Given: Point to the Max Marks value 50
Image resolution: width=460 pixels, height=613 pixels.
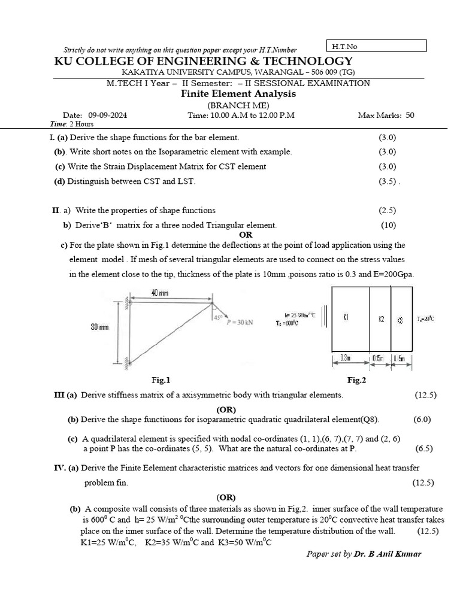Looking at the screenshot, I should point(410,116).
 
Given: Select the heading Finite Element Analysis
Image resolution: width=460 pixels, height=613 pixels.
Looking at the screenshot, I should point(238,94).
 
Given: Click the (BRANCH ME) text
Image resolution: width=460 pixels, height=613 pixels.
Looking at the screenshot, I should point(238,105).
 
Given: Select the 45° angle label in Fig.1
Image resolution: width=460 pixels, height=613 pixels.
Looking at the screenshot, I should point(217,318).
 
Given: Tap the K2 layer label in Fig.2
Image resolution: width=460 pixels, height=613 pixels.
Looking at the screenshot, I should point(381,319).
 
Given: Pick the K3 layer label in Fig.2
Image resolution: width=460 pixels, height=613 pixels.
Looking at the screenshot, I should point(400,320).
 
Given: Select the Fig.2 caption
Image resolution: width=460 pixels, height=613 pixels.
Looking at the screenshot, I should point(356,380).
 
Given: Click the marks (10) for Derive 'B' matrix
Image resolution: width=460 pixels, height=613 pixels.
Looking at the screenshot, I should point(388,225).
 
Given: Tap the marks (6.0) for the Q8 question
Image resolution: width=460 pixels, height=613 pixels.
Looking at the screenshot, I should point(422,419).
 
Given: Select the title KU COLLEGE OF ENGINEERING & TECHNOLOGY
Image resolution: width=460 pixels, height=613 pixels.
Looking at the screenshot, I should point(204,62).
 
